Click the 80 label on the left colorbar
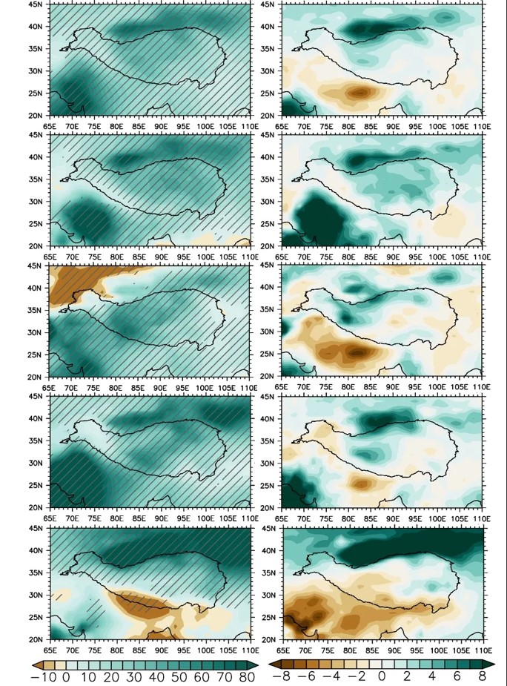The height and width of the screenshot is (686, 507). pos(247,676)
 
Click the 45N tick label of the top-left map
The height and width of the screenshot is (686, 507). pos(35,4)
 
